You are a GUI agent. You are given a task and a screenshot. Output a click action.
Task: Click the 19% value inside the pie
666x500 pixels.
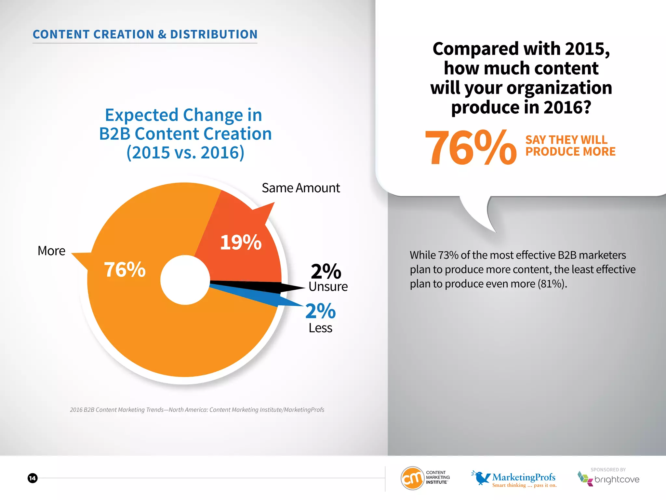[241, 243]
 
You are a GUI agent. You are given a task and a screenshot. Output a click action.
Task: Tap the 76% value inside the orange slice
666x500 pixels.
[125, 270]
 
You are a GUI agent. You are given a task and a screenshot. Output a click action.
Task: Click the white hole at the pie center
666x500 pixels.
[185, 280]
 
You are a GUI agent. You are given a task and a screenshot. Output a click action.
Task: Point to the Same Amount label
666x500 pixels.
[301, 188]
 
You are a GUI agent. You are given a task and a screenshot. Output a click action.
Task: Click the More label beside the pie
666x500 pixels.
[51, 251]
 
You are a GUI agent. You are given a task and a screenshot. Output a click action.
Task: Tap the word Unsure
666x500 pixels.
[328, 287]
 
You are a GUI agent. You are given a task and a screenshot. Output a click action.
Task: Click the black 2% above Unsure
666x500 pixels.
[326, 271]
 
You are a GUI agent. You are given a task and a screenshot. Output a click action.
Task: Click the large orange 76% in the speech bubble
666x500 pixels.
[470, 147]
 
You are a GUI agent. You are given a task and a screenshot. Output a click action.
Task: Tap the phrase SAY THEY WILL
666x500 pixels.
[566, 140]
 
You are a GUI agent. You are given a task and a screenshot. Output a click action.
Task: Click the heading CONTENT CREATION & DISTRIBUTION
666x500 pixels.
[145, 35]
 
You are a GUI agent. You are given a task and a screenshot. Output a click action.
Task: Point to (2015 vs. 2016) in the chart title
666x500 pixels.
[185, 152]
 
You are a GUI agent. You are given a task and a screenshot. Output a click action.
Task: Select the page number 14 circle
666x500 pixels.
[33, 478]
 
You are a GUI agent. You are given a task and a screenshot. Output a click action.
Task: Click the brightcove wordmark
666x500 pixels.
[617, 480]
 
